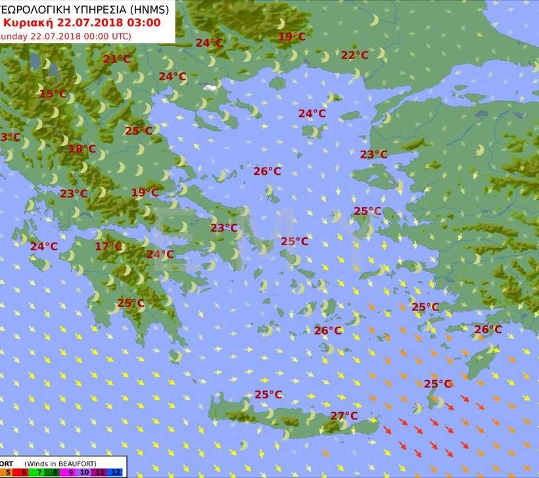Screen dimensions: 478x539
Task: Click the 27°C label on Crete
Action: (344, 416)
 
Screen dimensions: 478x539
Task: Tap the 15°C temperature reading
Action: (53, 94)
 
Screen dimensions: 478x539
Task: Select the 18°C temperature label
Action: (82, 149)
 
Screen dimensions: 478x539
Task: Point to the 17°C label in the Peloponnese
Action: (108, 247)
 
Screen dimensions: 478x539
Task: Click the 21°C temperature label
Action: (116, 59)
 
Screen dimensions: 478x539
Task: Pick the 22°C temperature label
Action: (354, 55)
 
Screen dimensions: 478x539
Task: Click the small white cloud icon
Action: (210, 87)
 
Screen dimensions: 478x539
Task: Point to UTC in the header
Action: (121, 36)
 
